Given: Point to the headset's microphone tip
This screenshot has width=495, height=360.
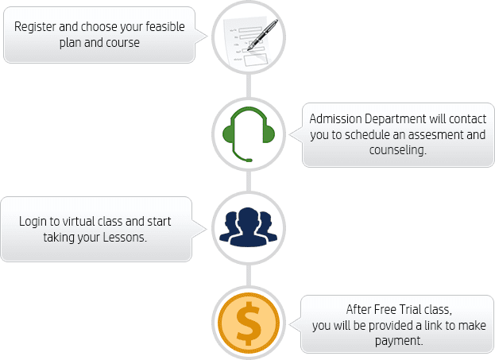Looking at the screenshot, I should [249, 160].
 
